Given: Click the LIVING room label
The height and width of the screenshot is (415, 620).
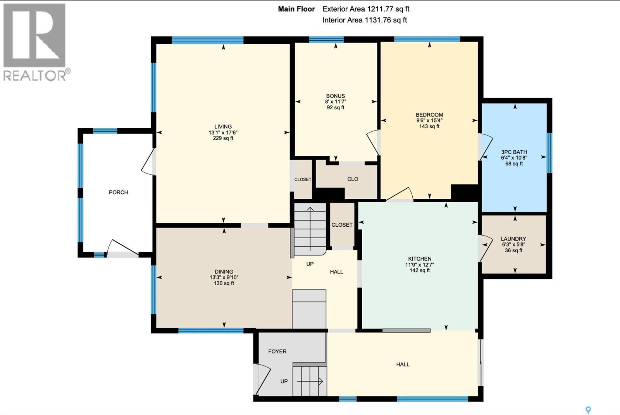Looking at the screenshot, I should pyautogui.click(x=223, y=127).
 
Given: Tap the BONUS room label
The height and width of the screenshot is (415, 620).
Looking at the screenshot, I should pyautogui.click(x=335, y=96).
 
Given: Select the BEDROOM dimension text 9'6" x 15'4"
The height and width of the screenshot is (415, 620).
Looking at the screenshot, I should pyautogui.click(x=429, y=121).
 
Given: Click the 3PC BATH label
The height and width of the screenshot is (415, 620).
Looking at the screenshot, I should pyautogui.click(x=514, y=152).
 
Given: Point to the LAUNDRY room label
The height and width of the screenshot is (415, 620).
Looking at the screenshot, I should pyautogui.click(x=513, y=239).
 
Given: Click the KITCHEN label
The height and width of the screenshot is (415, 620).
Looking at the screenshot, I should pyautogui.click(x=419, y=259).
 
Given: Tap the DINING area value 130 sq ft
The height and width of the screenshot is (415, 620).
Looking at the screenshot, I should pyautogui.click(x=224, y=283).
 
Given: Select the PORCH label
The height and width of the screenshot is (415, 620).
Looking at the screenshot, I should pyautogui.click(x=118, y=192).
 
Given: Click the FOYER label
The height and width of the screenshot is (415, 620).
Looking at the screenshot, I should pyautogui.click(x=277, y=351).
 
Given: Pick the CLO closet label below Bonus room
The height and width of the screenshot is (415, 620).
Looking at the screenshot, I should pyautogui.click(x=353, y=179).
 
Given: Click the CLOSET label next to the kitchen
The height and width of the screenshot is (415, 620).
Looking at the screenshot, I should pyautogui.click(x=342, y=225).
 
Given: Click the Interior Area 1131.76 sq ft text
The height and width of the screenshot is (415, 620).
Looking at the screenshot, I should pyautogui.click(x=365, y=20).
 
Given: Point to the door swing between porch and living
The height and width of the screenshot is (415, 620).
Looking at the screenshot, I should pyautogui.click(x=148, y=163).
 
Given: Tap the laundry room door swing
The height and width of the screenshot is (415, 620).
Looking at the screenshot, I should pyautogui.click(x=484, y=248).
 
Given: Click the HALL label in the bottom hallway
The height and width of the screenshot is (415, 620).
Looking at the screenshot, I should pyautogui.click(x=403, y=364).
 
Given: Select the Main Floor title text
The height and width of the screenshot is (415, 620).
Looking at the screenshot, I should pyautogui.click(x=296, y=9).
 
